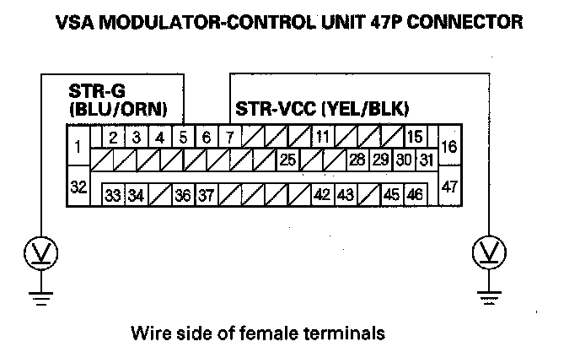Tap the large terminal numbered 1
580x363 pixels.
coord(78,147)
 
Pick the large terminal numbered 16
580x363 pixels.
coord(448,147)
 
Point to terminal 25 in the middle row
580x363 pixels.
coord(287,160)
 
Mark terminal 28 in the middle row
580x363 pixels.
coord(357,160)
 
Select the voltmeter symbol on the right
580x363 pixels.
coord(486,251)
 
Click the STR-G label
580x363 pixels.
coord(91,92)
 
